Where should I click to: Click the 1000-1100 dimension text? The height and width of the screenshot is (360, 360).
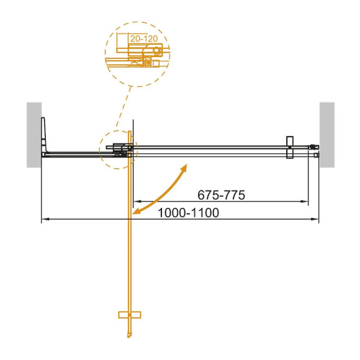189,212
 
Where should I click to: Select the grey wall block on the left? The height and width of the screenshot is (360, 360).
34,135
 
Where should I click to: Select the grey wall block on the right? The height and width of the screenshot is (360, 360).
326,135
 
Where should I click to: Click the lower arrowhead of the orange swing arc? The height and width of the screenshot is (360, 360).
137,213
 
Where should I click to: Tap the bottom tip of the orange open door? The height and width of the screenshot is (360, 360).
130,339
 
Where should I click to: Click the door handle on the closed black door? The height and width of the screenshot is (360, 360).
289,148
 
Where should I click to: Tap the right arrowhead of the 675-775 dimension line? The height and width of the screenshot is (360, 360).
305,202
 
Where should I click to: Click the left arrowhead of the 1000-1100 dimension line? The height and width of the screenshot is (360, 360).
45,219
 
